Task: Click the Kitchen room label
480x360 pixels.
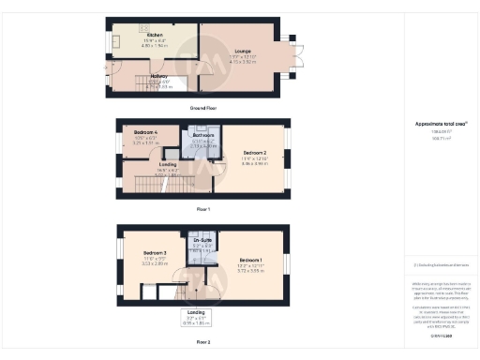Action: click(x=155, y=36)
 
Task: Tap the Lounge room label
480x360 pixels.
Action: click(x=242, y=52)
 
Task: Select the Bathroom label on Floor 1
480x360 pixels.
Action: click(x=204, y=136)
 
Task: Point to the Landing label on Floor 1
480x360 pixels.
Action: click(x=155, y=164)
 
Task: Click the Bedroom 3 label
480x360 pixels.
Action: click(x=155, y=253)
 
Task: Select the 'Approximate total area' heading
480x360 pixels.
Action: click(x=434, y=124)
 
